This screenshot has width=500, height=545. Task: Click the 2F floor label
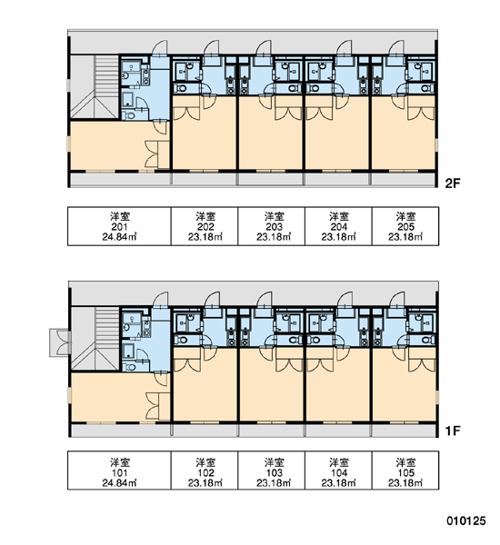453,183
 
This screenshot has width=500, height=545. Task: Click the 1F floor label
453,431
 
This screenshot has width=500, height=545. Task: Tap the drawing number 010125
466,520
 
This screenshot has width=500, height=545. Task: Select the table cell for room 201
119,226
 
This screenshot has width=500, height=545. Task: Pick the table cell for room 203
272,226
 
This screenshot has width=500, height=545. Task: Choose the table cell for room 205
405,226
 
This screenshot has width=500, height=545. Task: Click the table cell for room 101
119,471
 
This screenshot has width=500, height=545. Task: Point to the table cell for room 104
338,471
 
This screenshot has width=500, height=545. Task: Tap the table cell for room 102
205,471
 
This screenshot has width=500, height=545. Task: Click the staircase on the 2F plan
95,87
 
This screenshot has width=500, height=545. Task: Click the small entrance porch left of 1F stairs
60,342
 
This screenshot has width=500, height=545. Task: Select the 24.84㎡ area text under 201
119,237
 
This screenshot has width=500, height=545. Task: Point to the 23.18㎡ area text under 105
405,483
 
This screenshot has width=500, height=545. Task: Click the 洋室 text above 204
339,216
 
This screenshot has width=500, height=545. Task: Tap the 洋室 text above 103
275,462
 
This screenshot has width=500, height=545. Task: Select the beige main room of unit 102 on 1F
205,385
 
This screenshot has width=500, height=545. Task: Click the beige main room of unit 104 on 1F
338,385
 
